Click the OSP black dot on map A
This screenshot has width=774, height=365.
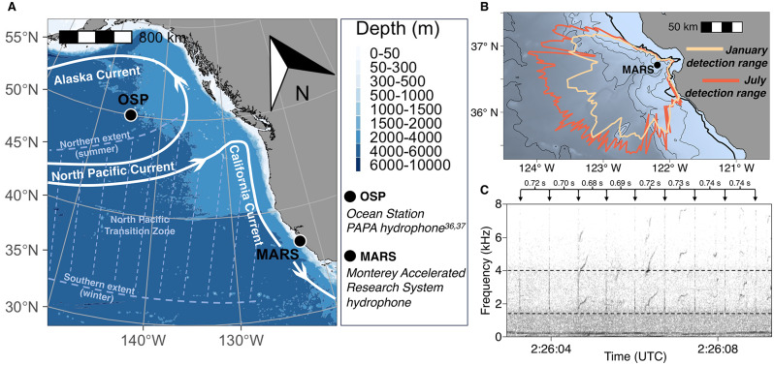pos(130,115)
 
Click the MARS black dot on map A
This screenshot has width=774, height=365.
pos(300,241)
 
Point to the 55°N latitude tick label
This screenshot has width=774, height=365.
pos(23,38)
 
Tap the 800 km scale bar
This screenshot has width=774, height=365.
pos(96,37)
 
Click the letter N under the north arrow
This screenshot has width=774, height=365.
pos(302,94)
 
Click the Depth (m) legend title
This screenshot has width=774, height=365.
pos(398,30)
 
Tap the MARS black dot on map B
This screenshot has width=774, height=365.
pos(658,65)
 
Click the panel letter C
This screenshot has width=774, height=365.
pos(484,190)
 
